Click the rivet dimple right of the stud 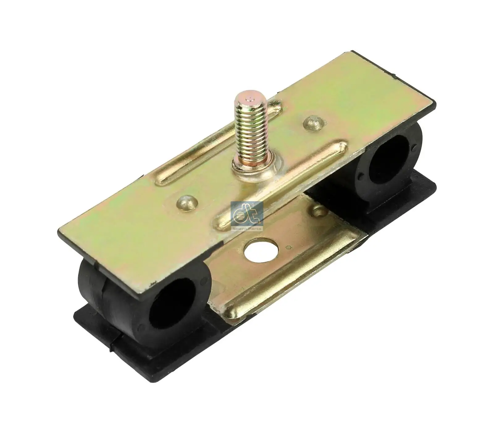click(x=312, y=122)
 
